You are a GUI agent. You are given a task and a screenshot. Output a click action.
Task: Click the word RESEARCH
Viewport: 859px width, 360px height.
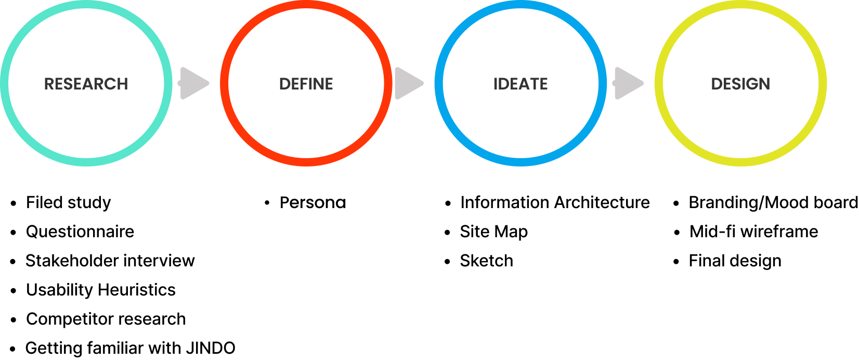tap(86, 84)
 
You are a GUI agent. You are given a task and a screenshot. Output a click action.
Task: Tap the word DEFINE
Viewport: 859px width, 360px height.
tap(306, 84)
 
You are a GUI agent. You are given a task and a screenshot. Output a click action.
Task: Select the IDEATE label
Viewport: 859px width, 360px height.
tap(520, 84)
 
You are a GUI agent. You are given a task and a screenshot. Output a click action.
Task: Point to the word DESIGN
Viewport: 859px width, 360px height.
tap(740, 84)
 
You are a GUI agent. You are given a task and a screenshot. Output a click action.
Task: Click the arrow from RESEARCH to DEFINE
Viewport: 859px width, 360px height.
tap(193, 83)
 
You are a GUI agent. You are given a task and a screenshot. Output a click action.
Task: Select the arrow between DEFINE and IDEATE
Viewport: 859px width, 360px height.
tap(408, 83)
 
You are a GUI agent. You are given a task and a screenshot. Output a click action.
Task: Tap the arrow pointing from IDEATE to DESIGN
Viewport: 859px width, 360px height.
tap(628, 83)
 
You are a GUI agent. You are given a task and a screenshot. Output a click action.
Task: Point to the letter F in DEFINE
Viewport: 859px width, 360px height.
tap(305, 84)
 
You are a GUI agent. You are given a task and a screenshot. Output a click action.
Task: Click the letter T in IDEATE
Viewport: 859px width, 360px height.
tap(532, 84)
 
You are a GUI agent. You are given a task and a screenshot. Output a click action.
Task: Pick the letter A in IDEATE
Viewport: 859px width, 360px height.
tap(522, 84)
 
